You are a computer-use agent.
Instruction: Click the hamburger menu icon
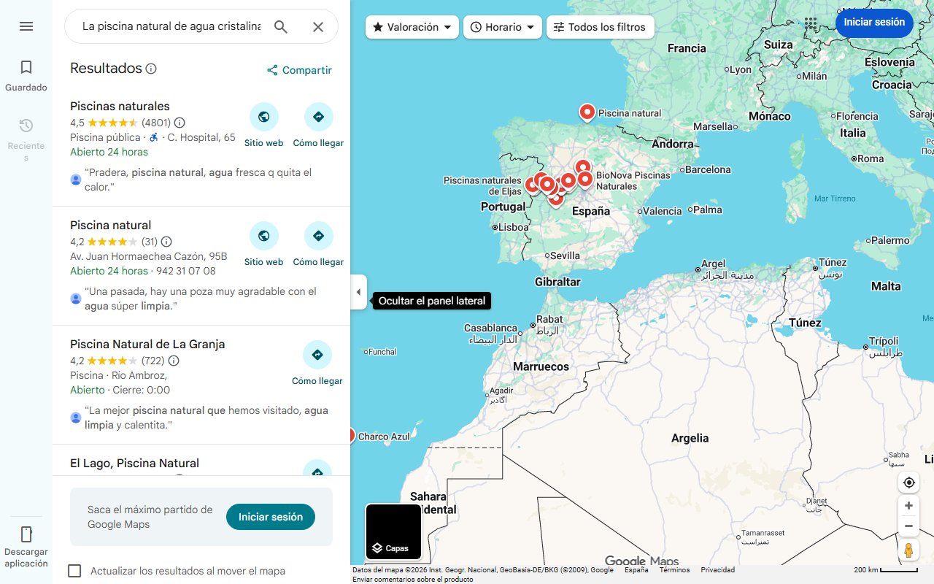click(26, 26)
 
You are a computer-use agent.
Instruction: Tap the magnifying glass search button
click(281, 27)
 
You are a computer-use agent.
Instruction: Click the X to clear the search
click(318, 27)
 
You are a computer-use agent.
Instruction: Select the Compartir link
click(299, 70)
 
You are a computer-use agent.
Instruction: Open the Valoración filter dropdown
click(412, 27)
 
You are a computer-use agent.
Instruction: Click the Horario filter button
click(503, 27)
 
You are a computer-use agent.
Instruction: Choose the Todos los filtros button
click(600, 27)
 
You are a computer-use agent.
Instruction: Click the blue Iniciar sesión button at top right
click(874, 22)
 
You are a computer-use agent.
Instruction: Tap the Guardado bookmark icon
click(26, 68)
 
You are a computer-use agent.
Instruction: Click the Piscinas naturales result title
click(120, 106)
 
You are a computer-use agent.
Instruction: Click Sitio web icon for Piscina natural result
click(263, 236)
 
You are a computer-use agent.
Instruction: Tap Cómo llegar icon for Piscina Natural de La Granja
click(317, 355)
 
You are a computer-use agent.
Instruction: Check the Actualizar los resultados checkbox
click(74, 571)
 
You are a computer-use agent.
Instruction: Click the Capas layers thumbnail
click(393, 531)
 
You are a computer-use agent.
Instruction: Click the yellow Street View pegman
click(908, 550)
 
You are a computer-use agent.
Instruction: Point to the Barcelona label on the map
click(708, 169)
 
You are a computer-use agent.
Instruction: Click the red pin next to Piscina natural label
click(587, 112)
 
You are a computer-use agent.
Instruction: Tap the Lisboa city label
click(513, 227)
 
